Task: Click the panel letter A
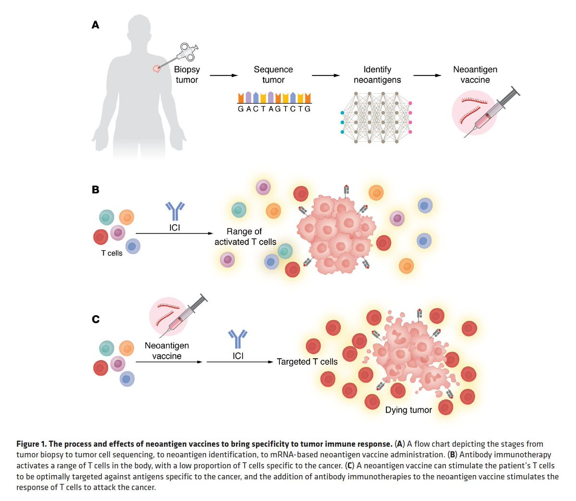coord(96,25)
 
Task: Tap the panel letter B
coord(96,190)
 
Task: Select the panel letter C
coord(96,319)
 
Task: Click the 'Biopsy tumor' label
coord(187,74)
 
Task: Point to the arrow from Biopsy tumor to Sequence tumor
coord(224,75)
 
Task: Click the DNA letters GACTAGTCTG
coord(274,109)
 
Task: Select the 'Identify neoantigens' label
coord(377,74)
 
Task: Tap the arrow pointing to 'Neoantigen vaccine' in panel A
coord(427,75)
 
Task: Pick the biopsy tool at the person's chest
coord(180,55)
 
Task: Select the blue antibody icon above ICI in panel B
coord(175,210)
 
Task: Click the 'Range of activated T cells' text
coord(245,237)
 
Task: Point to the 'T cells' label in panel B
coord(112,253)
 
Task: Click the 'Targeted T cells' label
coord(307,362)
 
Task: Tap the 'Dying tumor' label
coord(408,410)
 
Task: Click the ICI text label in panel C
coord(238,356)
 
